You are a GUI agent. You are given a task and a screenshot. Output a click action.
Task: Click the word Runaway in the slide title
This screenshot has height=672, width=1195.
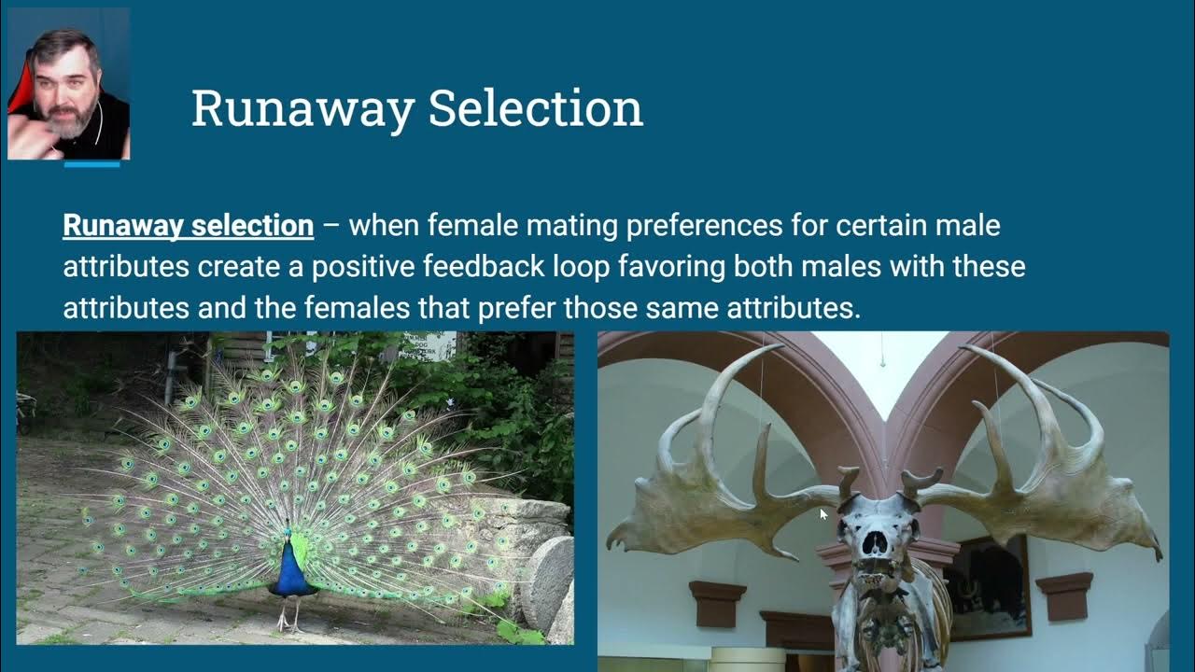tap(302, 110)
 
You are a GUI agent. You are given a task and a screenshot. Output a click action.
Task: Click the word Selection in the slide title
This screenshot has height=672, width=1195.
tap(536, 108)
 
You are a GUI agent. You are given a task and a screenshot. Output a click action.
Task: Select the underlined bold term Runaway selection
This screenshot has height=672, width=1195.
tap(189, 226)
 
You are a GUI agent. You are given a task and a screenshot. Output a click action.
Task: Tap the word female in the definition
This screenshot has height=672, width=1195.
tap(472, 225)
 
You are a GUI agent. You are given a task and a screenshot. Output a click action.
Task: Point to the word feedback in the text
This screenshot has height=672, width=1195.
tap(484, 266)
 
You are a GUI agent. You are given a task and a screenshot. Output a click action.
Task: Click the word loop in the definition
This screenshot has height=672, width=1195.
tap(581, 268)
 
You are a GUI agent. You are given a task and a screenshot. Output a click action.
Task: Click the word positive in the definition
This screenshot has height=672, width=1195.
tap(363, 267)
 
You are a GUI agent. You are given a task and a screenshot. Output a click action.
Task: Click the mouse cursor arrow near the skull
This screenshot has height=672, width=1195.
tap(823, 514)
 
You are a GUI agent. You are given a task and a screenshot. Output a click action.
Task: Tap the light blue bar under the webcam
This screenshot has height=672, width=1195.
tap(91, 165)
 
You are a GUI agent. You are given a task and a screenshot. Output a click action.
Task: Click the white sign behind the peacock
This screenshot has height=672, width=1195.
tap(429, 345)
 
